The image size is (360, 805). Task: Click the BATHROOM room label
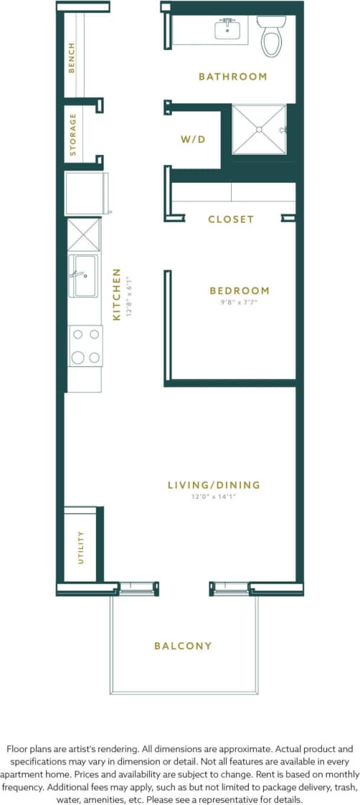click(x=232, y=76)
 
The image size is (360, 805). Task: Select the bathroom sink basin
click(x=227, y=29)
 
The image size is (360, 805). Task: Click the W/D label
click(x=193, y=139)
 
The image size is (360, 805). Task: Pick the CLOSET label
click(x=231, y=219)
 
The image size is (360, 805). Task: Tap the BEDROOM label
click(x=240, y=290)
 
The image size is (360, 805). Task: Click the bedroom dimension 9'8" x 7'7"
click(x=240, y=302)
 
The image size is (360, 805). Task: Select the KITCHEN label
click(x=116, y=298)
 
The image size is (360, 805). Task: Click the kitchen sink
click(x=83, y=275)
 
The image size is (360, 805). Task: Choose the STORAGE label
click(x=72, y=134)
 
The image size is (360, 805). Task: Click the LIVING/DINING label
click(x=214, y=485)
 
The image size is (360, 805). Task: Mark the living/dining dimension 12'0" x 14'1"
click(x=214, y=497)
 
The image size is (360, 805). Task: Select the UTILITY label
click(x=80, y=546)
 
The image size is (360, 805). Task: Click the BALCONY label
click(x=183, y=646)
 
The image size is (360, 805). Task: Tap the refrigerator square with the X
click(x=83, y=234)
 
